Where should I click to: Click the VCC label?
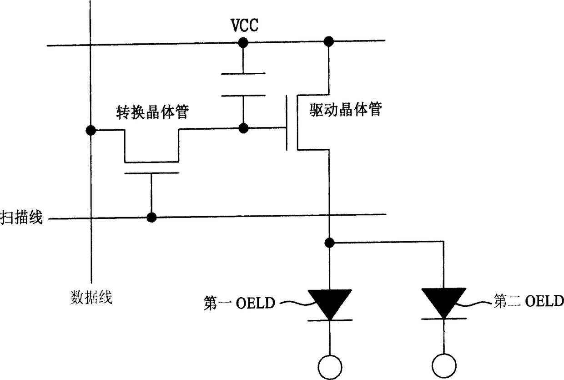[x=245, y=25]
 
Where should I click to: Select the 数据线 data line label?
[x=91, y=298]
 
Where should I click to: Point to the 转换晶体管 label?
[x=152, y=112]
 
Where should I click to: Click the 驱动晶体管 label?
[x=346, y=109]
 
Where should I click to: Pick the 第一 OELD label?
[x=239, y=303]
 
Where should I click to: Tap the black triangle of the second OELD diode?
[x=443, y=302]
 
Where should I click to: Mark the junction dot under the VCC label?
[x=243, y=43]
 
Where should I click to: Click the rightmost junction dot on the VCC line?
[x=328, y=41]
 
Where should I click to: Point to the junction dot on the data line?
[x=91, y=130]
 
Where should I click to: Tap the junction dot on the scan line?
[x=151, y=217]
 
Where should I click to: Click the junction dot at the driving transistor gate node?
[x=243, y=128]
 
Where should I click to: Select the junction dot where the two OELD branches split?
[x=330, y=243]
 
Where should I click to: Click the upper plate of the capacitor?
[x=243, y=74]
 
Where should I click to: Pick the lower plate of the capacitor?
[x=243, y=96]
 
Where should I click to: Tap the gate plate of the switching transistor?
[x=152, y=173]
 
